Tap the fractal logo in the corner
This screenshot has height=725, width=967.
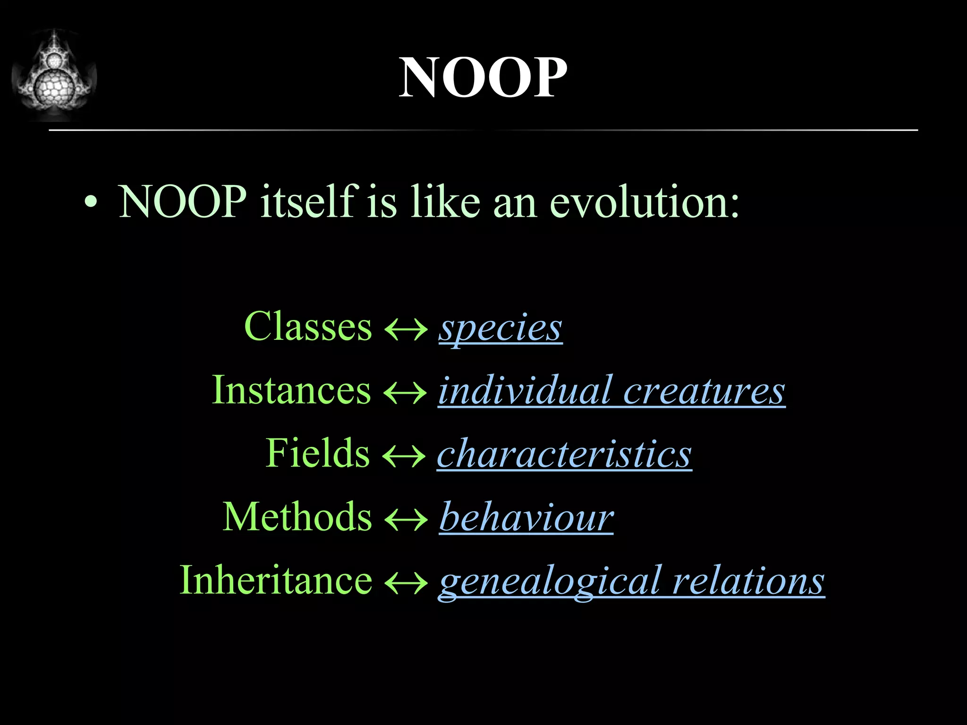(x=54, y=76)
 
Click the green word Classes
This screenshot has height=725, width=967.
(x=308, y=327)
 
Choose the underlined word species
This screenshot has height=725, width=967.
(x=500, y=329)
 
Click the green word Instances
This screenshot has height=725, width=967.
(x=291, y=390)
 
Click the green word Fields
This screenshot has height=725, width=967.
(x=317, y=453)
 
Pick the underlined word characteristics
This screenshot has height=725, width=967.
(x=564, y=454)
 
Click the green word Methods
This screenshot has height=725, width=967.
(x=297, y=517)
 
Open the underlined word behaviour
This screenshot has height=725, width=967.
(x=526, y=517)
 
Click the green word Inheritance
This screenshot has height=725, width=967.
(x=276, y=580)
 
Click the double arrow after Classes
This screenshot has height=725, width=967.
(x=406, y=329)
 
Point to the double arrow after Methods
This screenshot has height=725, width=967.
(x=406, y=520)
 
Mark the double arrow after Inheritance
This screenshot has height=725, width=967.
(x=406, y=583)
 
